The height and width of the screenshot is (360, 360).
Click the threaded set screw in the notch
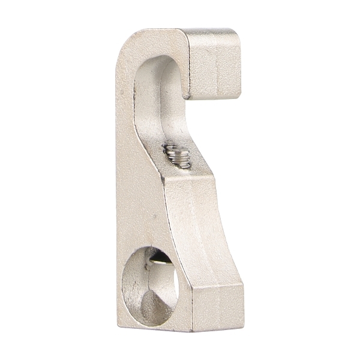point(178,156)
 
